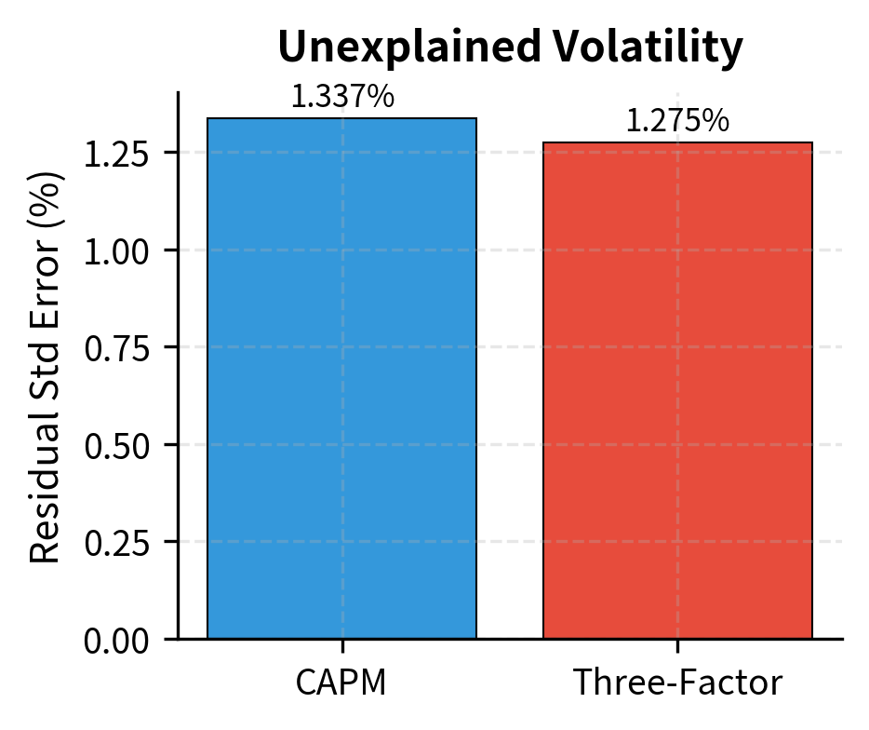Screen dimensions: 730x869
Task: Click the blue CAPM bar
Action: coord(341,378)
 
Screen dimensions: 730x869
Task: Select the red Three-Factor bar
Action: coord(677,390)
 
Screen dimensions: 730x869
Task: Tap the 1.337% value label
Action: coord(341,97)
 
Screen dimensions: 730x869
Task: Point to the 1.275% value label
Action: coord(677,121)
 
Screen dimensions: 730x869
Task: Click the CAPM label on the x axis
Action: coord(341,683)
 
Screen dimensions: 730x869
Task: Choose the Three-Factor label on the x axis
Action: coord(677,683)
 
